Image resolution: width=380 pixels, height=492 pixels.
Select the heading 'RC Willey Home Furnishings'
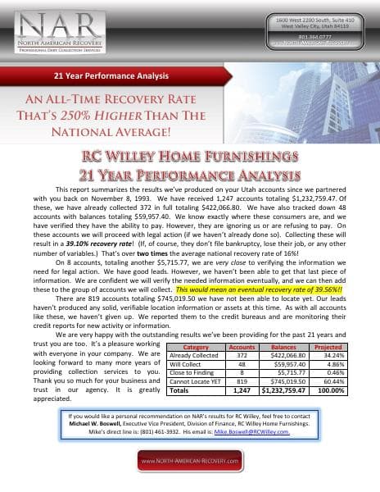point(190,157)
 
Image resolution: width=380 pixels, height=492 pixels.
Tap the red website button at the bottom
point(190,462)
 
